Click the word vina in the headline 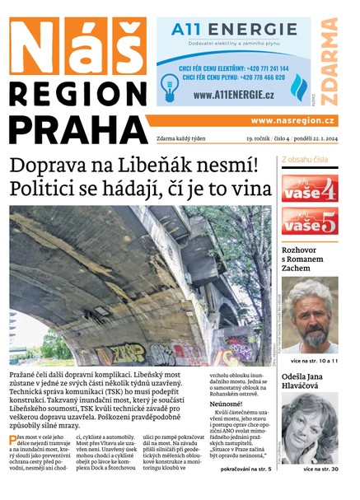[250, 189]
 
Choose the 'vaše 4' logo [309, 189]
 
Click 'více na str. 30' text [320, 469]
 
